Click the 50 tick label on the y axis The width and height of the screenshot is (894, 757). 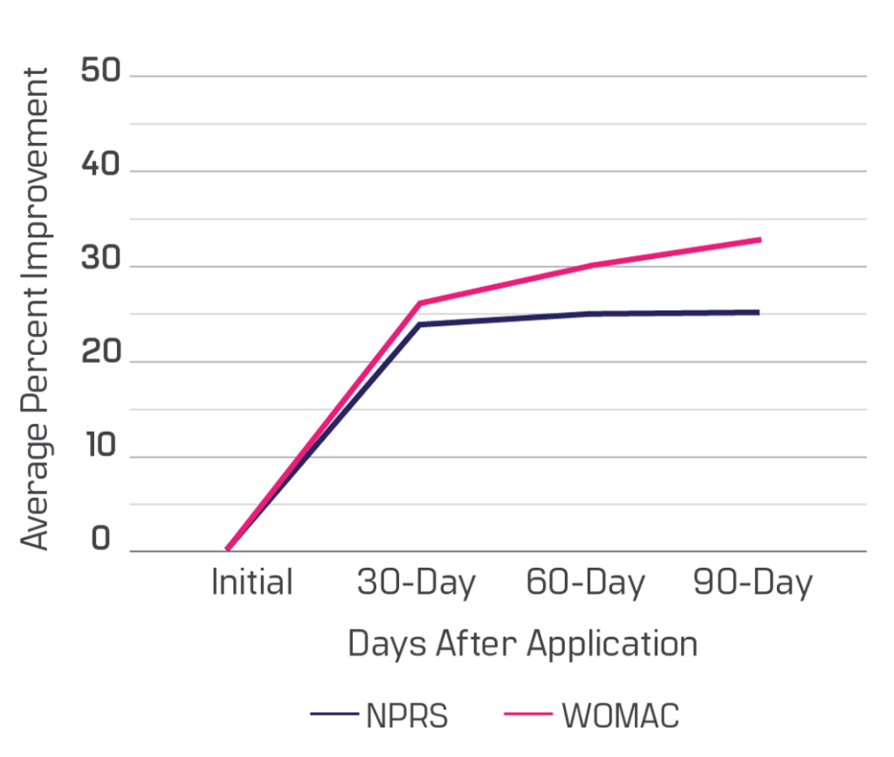100,72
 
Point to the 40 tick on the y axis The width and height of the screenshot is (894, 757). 100,167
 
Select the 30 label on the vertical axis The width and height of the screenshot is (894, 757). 100,263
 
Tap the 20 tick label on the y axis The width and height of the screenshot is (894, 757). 100,358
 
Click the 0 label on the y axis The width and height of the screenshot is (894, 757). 101,539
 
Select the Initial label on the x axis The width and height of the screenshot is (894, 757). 251,583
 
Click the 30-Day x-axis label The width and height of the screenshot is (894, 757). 416,583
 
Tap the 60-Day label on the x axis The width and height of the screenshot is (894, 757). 585,583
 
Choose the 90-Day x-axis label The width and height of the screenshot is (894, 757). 753,583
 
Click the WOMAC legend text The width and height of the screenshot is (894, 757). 620,716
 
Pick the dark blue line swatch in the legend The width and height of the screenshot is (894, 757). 334,715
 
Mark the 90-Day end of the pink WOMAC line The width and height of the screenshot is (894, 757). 761,239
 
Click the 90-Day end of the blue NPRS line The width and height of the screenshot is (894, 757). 759,312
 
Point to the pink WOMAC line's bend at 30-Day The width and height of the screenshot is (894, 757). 419,303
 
